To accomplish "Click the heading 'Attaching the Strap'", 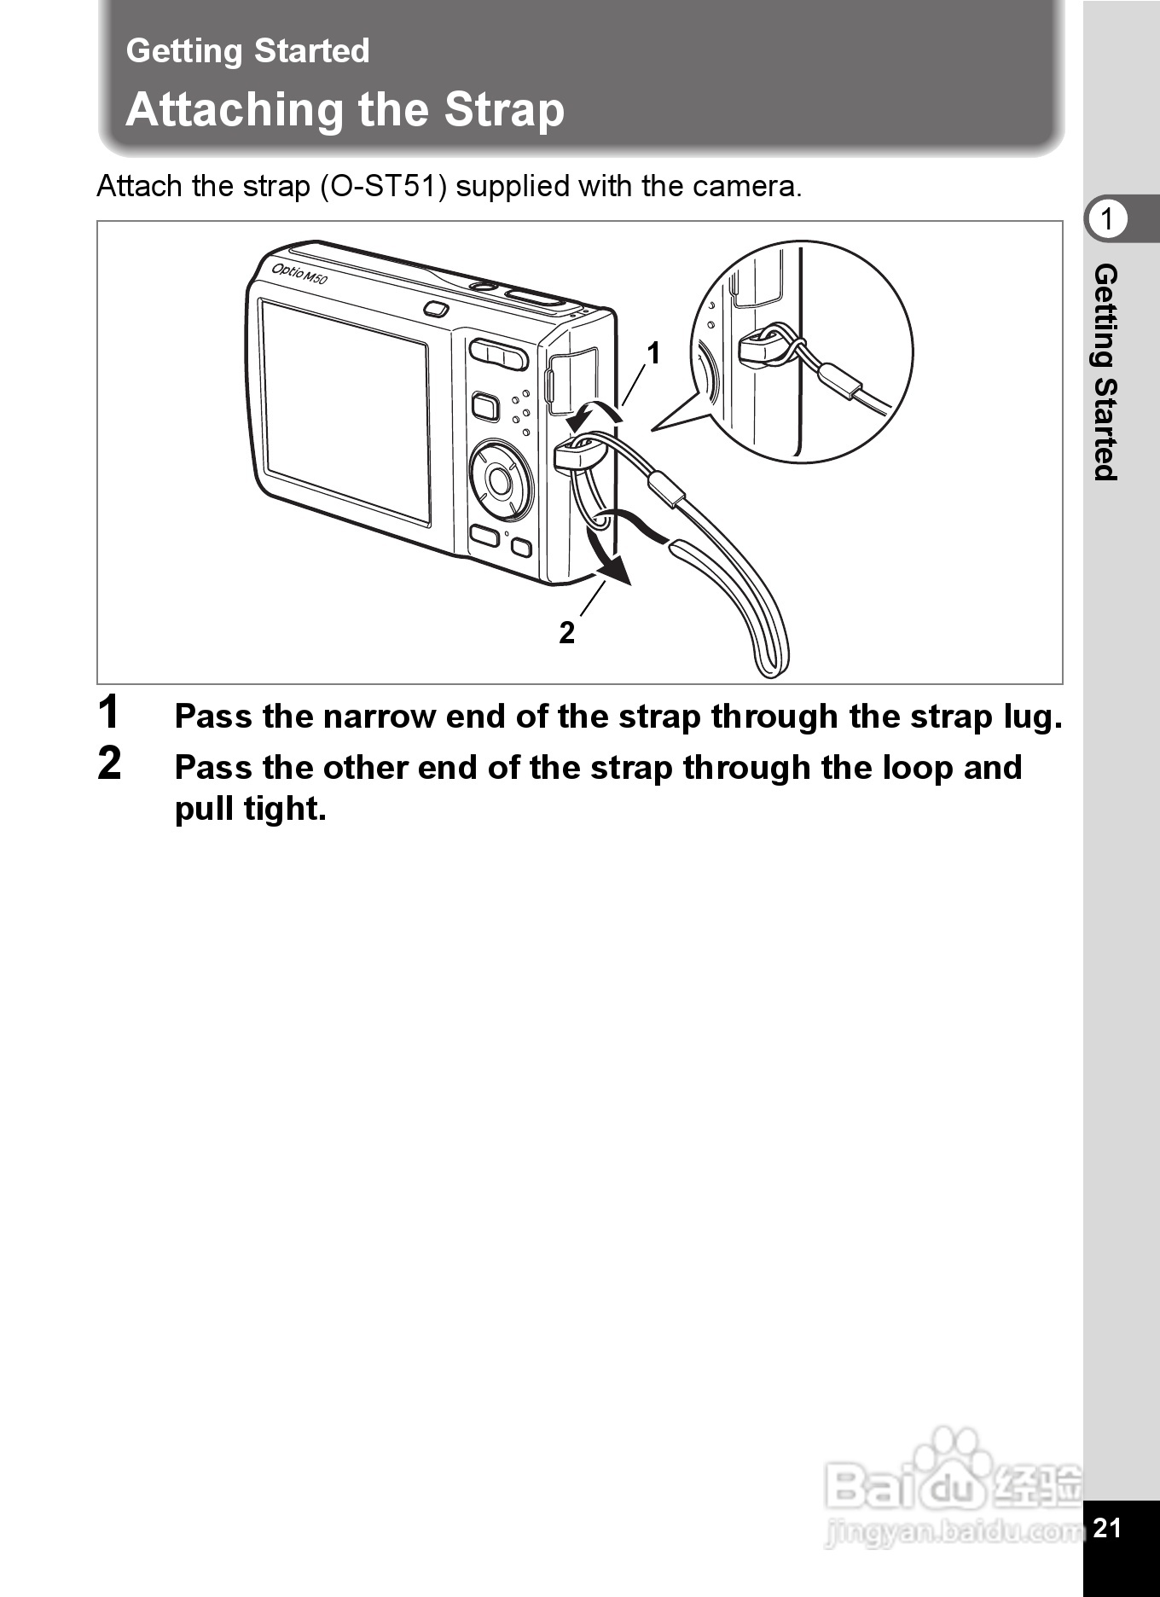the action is pyautogui.click(x=345, y=110).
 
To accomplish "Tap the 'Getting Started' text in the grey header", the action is pyautogui.click(x=247, y=51).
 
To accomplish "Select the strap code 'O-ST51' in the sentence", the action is pyautogui.click(x=383, y=186).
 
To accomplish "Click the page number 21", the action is pyautogui.click(x=1106, y=1527).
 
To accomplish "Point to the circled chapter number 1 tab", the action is pyautogui.click(x=1107, y=219).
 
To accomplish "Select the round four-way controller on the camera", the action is pyautogui.click(x=500, y=481).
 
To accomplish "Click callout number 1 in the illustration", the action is pyautogui.click(x=653, y=353).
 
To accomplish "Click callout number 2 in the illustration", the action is pyautogui.click(x=567, y=633).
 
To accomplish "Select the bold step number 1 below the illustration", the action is pyautogui.click(x=109, y=712).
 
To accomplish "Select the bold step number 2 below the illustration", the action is pyautogui.click(x=109, y=763).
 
